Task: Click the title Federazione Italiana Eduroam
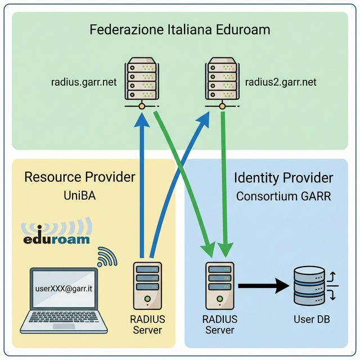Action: [180, 29]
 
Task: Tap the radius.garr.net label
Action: [84, 82]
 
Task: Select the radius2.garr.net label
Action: [281, 82]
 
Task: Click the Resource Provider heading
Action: [80, 178]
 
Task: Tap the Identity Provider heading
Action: [283, 178]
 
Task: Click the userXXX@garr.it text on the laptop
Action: [63, 289]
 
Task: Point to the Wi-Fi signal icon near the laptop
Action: [107, 257]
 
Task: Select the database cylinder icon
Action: [309, 285]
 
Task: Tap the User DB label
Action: [312, 319]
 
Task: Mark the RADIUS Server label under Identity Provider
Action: [219, 325]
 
